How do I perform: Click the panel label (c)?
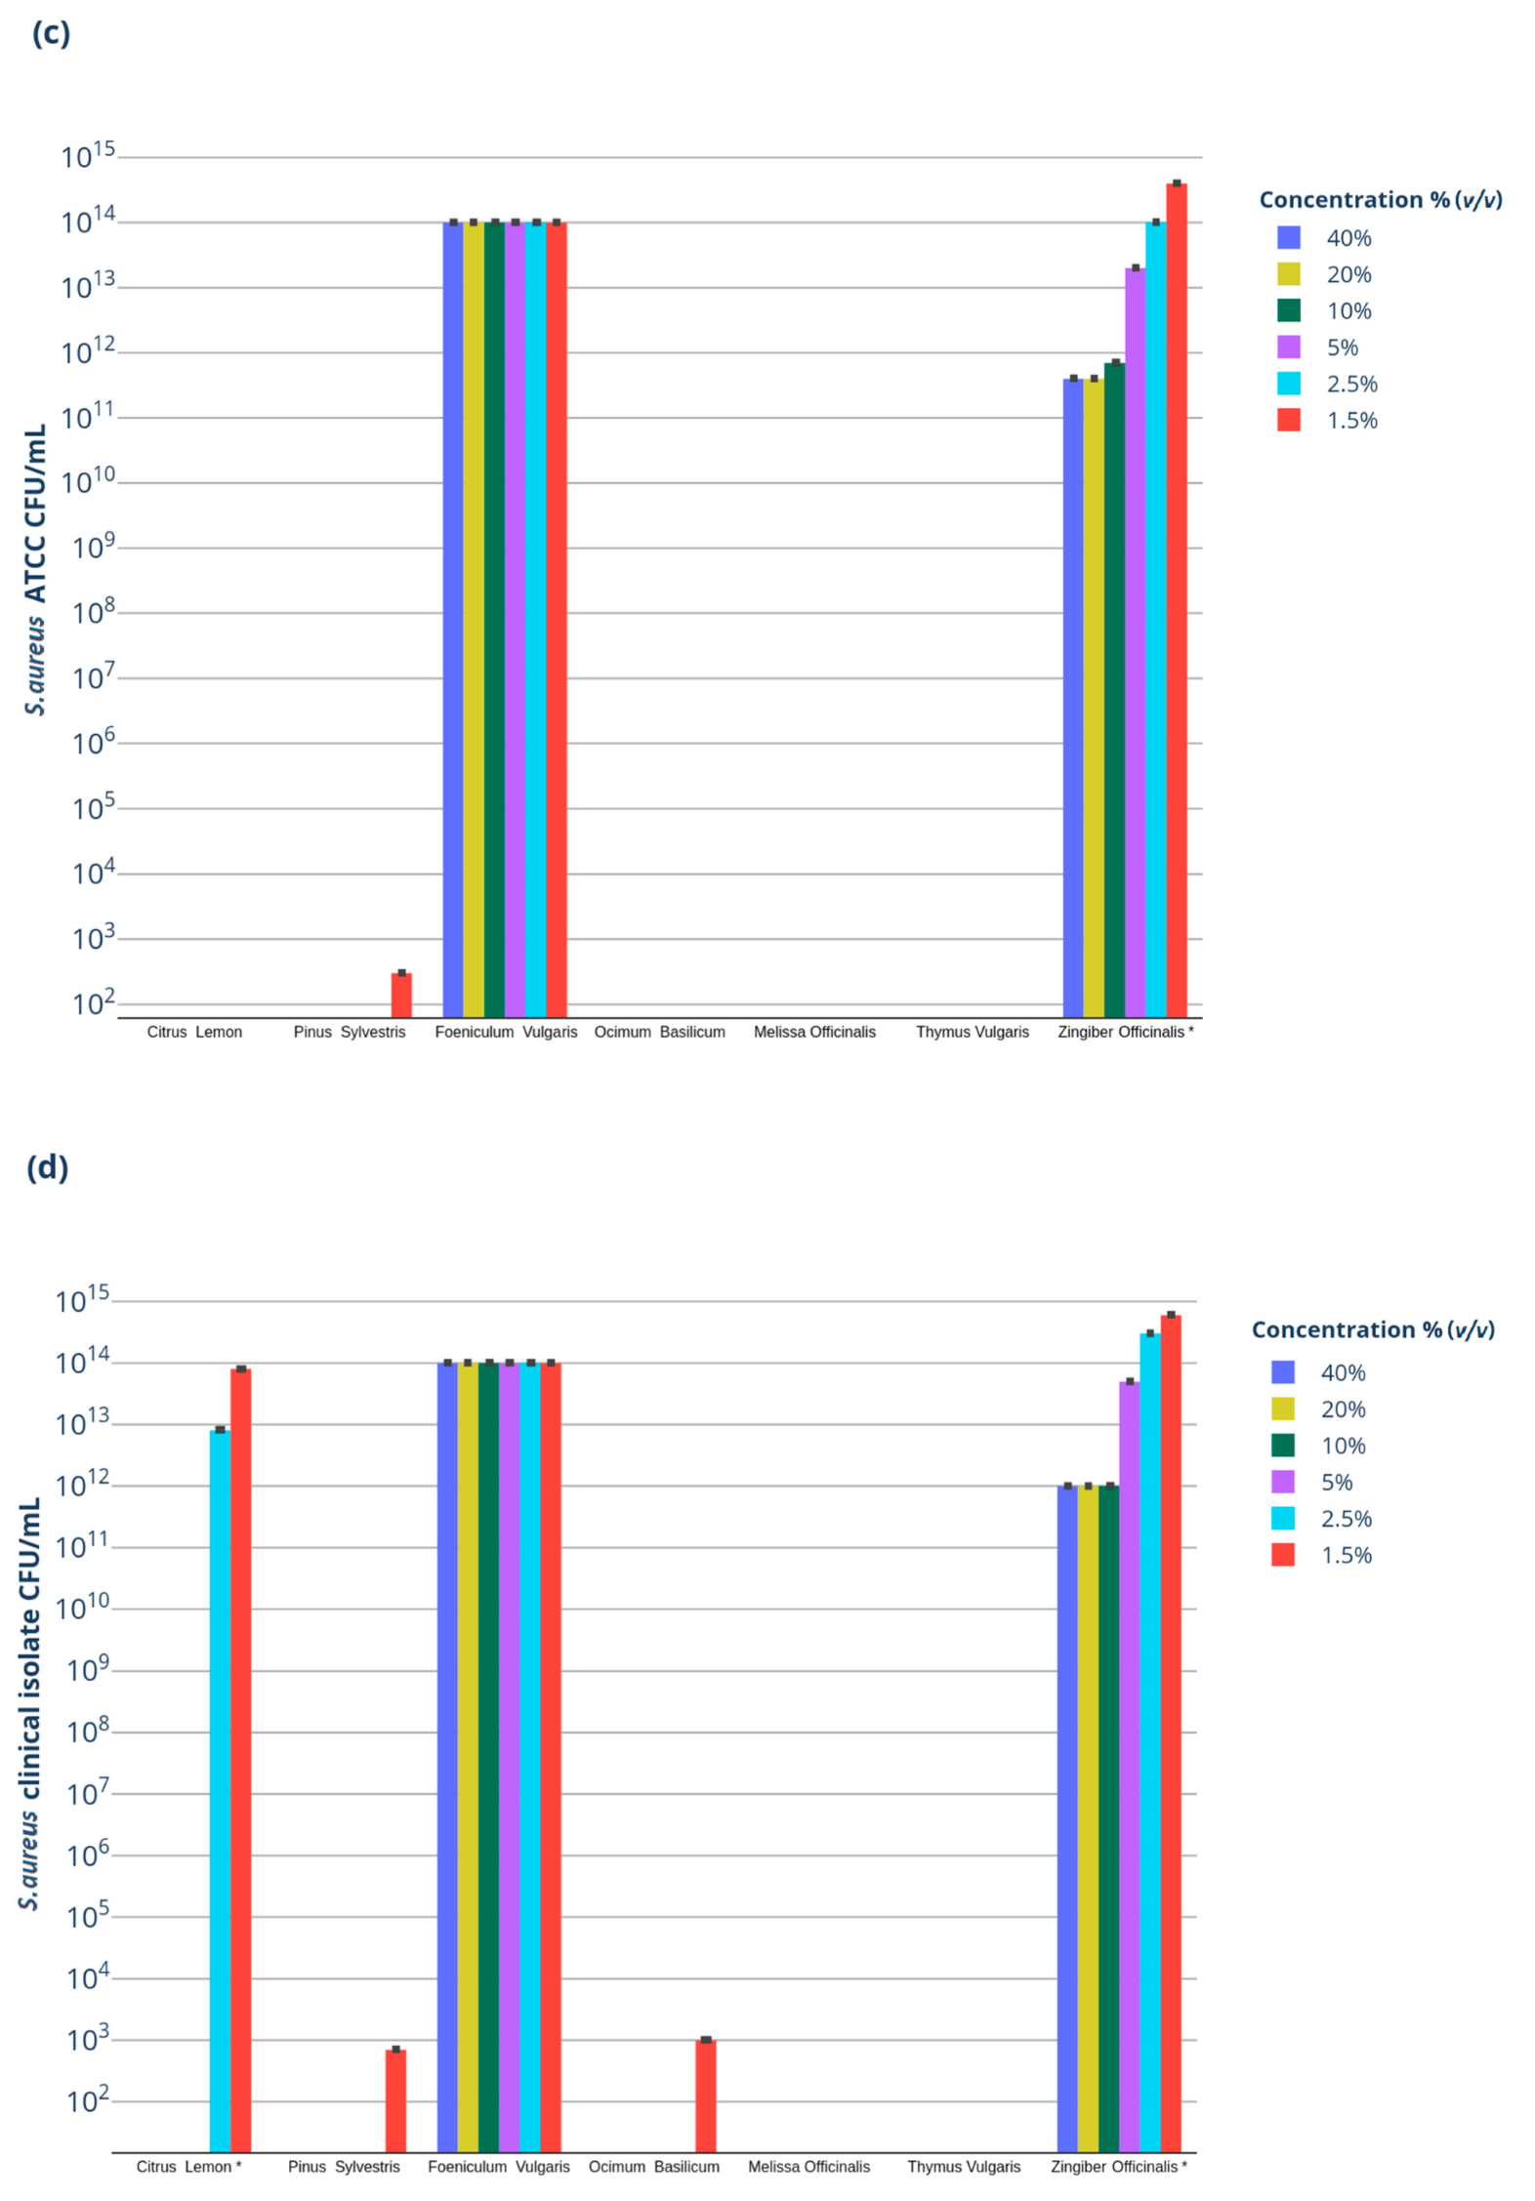coord(51,33)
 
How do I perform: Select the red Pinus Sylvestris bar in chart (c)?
coord(401,995)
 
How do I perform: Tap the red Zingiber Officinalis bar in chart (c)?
coord(1176,599)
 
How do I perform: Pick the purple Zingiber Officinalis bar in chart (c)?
coord(1135,641)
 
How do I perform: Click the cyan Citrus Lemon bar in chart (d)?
coord(220,1790)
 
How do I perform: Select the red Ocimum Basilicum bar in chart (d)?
coord(705,2096)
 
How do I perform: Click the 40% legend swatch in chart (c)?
coord(1289,237)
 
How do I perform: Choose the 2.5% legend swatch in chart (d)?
coord(1283,1518)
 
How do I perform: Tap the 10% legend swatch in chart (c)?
coord(1289,310)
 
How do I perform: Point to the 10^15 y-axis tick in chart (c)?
coord(87,156)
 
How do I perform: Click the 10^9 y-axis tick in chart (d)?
coord(87,1671)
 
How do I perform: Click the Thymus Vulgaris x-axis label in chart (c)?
coord(972,1032)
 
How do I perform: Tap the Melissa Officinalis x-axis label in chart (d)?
coord(809,2167)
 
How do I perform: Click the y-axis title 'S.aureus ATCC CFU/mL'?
coord(35,570)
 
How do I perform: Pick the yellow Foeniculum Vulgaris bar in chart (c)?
coord(474,619)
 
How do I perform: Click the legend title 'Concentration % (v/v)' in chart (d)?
coord(1373,1329)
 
